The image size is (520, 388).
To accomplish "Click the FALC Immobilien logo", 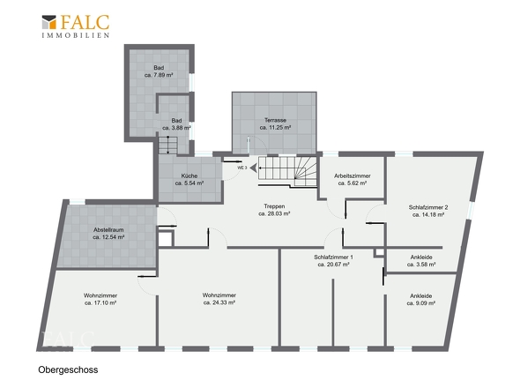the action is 76,26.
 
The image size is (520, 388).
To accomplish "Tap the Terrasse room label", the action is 275,120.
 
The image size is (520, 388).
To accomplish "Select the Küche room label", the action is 189,175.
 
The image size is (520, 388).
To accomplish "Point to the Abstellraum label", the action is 108,229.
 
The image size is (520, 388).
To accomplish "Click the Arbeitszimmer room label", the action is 353,175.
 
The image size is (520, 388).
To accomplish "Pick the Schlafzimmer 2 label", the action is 428,207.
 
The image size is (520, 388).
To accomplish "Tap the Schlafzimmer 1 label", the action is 333,257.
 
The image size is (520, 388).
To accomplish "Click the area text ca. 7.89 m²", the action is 159,75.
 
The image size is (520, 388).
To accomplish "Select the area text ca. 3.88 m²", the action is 176,128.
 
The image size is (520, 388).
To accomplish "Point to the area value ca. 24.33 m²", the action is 219,302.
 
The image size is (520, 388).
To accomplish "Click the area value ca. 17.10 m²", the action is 100,303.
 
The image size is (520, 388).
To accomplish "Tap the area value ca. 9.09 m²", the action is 420,303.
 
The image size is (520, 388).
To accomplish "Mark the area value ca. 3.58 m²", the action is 421,265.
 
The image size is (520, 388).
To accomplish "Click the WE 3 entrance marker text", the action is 242,168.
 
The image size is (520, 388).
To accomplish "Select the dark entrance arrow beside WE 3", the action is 253,168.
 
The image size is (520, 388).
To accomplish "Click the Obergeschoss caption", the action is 68,369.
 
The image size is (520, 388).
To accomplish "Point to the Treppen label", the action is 274,206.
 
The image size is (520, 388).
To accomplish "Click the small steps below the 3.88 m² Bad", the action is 168,145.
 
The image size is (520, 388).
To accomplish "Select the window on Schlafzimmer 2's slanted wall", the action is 471,211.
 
